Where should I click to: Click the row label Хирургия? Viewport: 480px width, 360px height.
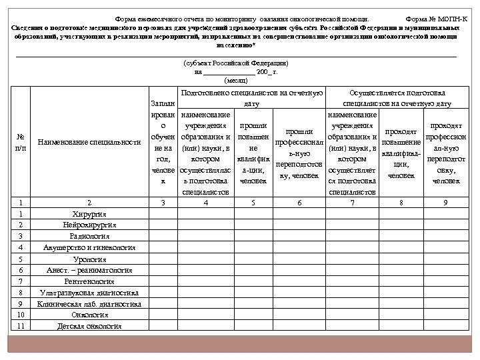click(x=89, y=213)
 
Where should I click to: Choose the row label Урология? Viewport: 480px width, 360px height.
click(x=89, y=259)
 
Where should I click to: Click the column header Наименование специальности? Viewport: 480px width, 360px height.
click(x=89, y=142)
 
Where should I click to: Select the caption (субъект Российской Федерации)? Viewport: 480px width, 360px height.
click(x=235, y=62)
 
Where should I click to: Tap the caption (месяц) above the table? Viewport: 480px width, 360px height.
click(x=237, y=80)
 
